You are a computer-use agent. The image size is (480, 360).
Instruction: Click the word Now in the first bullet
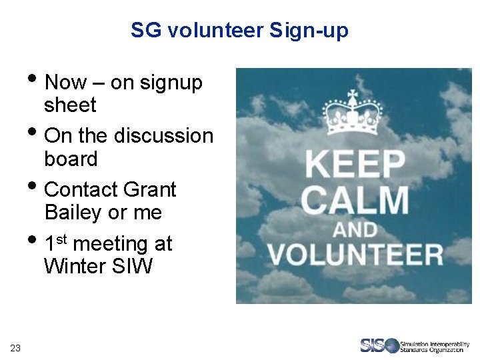coord(65,83)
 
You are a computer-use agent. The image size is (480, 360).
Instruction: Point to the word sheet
coord(70,105)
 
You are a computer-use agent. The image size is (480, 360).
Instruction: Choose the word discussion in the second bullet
coord(163,136)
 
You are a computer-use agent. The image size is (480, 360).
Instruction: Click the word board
coord(71,159)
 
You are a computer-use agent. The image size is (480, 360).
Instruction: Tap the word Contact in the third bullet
coord(81,189)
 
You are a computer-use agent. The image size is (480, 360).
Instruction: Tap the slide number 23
coord(15,347)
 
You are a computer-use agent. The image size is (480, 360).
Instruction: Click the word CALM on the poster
coord(355,199)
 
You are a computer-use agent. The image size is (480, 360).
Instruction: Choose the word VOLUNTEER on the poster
coord(355,254)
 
